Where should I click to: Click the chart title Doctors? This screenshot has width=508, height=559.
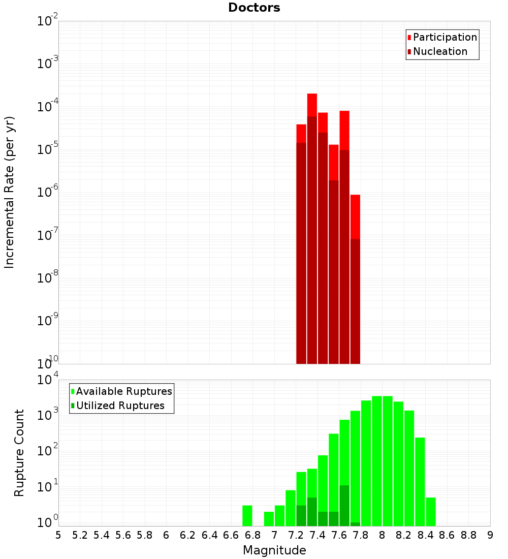(254, 8)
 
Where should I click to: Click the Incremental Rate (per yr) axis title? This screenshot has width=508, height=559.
(9, 192)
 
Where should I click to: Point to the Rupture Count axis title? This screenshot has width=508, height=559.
(19, 453)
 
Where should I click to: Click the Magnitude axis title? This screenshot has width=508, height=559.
(274, 550)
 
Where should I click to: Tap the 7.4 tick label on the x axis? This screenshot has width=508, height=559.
(317, 535)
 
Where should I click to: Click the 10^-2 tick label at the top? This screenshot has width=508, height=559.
(47, 21)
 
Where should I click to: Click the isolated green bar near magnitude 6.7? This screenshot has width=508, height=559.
(247, 515)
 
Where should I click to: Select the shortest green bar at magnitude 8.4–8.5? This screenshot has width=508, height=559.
(431, 511)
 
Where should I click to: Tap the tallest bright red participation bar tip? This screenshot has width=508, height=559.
(312, 97)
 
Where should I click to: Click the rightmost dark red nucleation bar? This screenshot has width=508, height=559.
(355, 300)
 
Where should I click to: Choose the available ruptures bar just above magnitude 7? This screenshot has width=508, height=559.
(279, 515)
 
